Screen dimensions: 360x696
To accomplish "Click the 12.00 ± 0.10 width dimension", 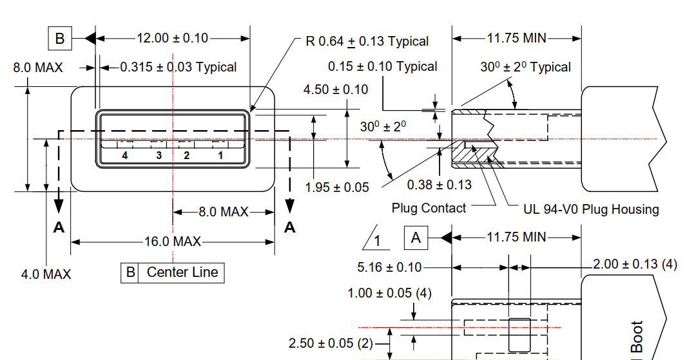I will point(172,38).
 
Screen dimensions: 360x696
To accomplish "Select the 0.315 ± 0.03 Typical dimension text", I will point(178,67).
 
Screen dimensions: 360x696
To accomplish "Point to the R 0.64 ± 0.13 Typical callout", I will point(367,42).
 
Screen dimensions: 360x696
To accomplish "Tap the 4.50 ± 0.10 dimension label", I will point(336,90).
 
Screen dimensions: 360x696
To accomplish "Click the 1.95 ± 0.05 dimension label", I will point(337,187).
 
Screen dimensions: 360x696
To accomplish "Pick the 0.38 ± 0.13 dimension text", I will point(440,185).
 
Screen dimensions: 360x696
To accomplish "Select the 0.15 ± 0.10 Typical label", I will point(382,66).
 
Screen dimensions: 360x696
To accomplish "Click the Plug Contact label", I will point(429,208).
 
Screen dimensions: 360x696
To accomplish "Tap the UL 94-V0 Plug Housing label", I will point(592,209).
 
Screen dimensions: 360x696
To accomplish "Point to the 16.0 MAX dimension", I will point(173,242).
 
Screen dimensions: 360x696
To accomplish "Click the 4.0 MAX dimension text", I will point(46,274).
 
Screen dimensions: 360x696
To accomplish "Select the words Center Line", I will point(182,272).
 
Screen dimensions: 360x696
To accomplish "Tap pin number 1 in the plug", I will point(220,155).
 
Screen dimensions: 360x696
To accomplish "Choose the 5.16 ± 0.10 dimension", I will point(389,267).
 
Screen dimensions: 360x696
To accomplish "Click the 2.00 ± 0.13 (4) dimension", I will point(635,264).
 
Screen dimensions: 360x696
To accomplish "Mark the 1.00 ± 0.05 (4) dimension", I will point(389,294).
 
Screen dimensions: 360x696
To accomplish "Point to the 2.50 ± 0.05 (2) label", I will point(331,343).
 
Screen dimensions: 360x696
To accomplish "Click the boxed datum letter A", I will point(416,238).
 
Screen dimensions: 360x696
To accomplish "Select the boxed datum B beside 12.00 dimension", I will point(60,39).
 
